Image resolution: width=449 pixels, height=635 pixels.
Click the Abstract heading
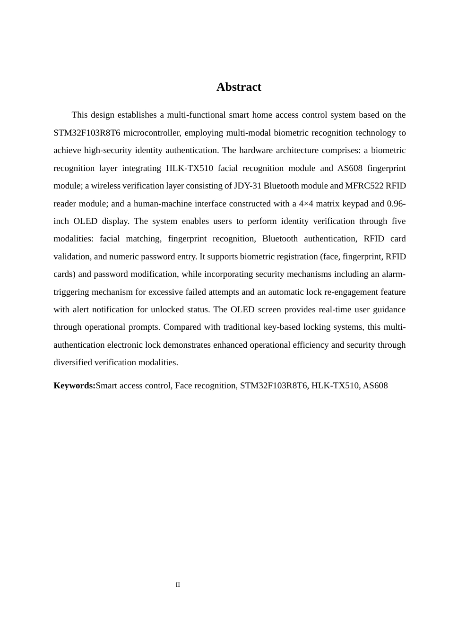239,87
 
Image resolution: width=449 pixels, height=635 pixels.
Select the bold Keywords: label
74,386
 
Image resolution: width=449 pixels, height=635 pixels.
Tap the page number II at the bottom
178,585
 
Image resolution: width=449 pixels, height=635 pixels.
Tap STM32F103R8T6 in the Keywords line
274,386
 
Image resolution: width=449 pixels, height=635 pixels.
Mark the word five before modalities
396,221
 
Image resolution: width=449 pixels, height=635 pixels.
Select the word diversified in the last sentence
73,362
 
